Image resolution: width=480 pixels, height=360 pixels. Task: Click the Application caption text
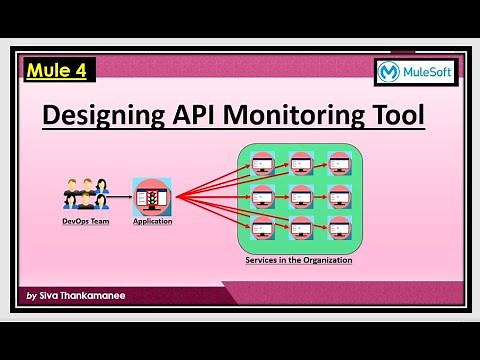pos(152,221)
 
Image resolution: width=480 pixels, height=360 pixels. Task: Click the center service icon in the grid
pos(301,195)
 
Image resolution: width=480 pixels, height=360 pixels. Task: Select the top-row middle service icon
pos(301,163)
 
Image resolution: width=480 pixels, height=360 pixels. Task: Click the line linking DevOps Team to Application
pos(122,196)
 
